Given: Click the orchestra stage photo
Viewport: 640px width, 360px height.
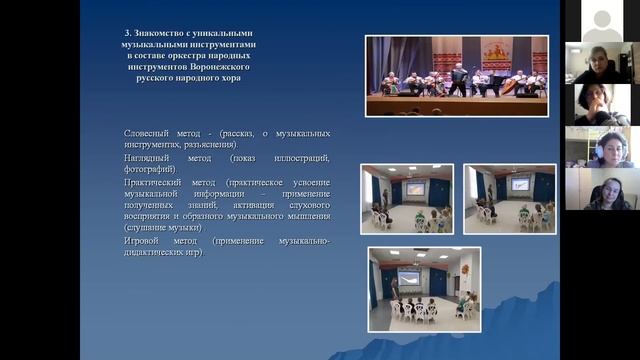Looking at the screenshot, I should click(x=456, y=76).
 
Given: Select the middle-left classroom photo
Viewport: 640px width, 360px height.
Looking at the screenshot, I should click(x=407, y=198).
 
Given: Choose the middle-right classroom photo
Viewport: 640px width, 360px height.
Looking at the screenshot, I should click(x=510, y=198).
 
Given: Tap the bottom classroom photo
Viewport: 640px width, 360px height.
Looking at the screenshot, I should click(x=422, y=290).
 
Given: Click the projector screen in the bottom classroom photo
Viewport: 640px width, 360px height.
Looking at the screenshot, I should click(x=409, y=274).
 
